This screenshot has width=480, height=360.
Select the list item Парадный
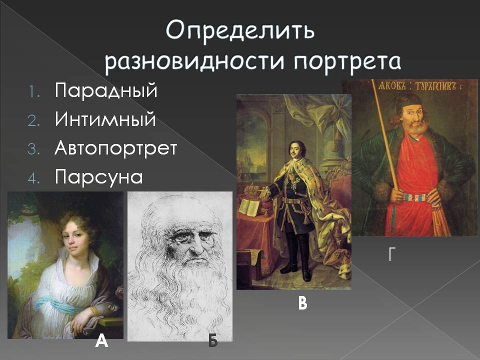click(106, 91)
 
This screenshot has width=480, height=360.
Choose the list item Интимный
click(105, 119)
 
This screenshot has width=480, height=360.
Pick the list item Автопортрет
click(116, 148)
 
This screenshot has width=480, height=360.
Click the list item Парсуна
click(99, 177)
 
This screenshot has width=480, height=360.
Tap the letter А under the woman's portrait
click(101, 340)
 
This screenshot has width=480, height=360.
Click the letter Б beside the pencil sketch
click(213, 340)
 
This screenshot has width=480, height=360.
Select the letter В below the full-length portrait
click(302, 303)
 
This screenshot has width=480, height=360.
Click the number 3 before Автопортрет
click(33, 149)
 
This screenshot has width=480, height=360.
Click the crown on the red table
click(252, 190)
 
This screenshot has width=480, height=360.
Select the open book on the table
click(249, 206)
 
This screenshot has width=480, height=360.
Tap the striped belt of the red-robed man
click(415, 198)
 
